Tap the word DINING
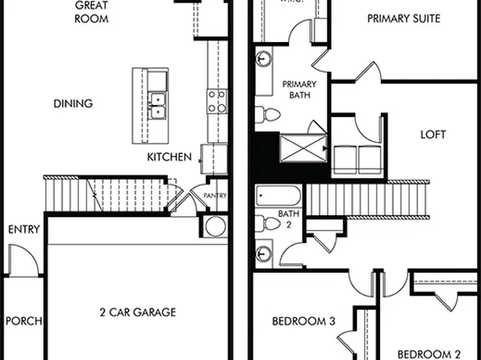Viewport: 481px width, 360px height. [73, 103]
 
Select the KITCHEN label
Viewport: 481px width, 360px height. [169, 156]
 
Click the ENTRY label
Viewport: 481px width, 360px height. [23, 230]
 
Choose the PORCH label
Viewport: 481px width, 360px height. [23, 320]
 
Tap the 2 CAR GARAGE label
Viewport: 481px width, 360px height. [137, 312]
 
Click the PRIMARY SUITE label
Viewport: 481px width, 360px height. [404, 19]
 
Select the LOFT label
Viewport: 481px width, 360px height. [433, 135]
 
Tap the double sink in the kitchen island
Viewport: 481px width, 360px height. [157, 104]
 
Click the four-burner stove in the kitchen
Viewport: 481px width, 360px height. [216, 101]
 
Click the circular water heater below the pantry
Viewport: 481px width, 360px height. [216, 226]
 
